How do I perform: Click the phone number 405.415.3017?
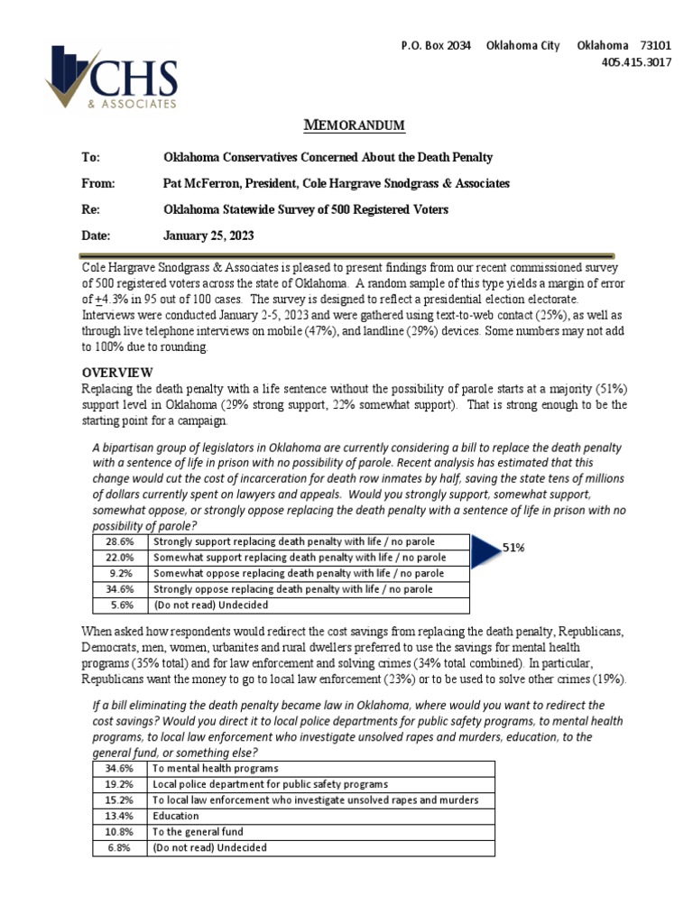pos(636,62)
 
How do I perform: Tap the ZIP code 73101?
pos(655,46)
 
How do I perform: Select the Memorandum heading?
pos(355,125)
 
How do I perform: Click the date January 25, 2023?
pos(208,236)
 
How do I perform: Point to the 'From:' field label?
pos(99,183)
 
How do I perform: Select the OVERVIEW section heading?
pos(118,373)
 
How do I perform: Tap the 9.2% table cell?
pos(122,573)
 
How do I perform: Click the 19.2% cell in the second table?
pos(120,784)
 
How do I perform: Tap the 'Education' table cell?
pos(176,816)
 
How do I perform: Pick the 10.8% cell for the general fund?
pos(120,832)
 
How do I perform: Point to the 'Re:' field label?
pos(91,209)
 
